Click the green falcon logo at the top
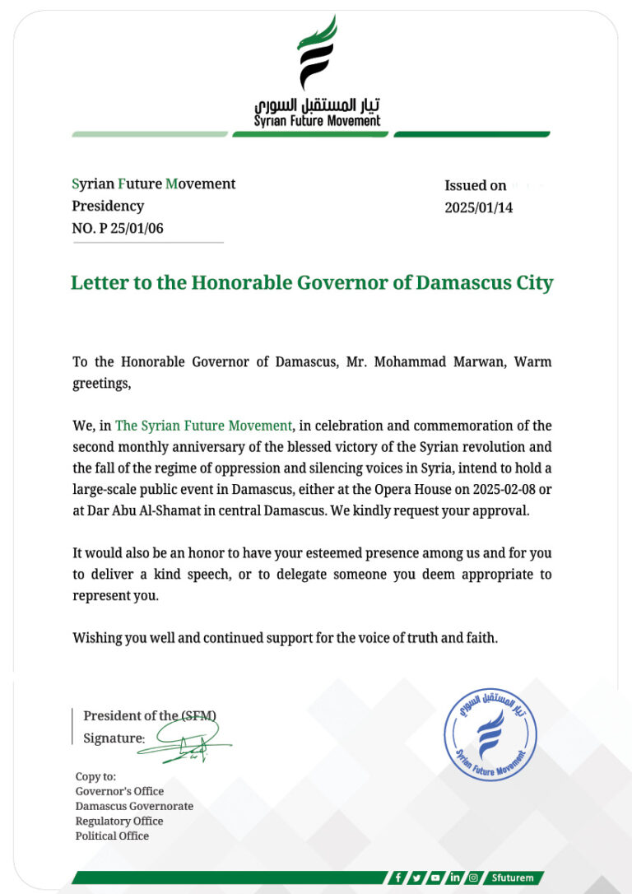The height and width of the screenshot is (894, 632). click(317, 53)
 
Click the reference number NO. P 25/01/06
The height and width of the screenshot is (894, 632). click(118, 229)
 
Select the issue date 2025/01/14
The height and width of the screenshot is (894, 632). click(478, 208)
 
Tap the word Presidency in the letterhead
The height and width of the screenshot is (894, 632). click(108, 206)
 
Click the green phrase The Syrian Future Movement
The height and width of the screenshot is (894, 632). click(204, 426)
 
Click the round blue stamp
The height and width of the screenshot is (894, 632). click(490, 734)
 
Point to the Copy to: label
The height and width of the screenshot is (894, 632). click(95, 776)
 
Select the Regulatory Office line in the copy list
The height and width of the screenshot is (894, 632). click(119, 821)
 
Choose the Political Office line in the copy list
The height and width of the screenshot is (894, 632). click(112, 836)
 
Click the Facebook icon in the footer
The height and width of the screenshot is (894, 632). click(398, 878)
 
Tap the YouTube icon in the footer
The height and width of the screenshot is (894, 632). click(435, 878)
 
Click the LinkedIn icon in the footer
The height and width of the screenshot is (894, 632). click(454, 878)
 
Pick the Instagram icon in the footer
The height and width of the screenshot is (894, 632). click(473, 878)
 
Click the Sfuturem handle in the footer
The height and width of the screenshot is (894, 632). click(514, 878)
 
